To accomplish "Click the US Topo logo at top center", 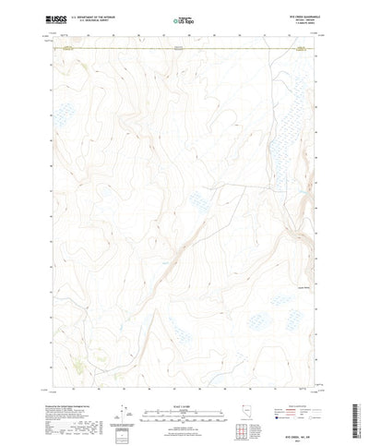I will [184, 18].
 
